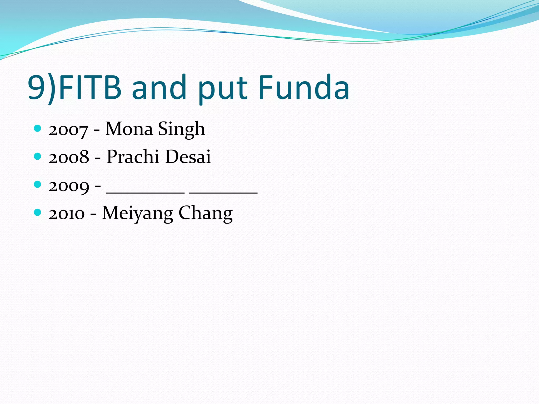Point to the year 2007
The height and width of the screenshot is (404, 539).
tap(68, 130)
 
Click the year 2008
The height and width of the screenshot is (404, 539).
tap(69, 157)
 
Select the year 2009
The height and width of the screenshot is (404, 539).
tap(69, 186)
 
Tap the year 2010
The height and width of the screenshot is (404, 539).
tap(67, 213)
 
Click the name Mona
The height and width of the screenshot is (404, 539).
tap(129, 129)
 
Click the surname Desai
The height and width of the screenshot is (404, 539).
tap(188, 157)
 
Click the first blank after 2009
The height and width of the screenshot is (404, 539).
tap(146, 192)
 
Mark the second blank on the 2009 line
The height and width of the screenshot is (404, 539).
tap(223, 192)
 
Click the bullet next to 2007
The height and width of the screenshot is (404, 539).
tap(38, 128)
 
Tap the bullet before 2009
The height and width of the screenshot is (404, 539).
tap(38, 184)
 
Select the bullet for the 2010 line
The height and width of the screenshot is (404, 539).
tap(38, 212)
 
